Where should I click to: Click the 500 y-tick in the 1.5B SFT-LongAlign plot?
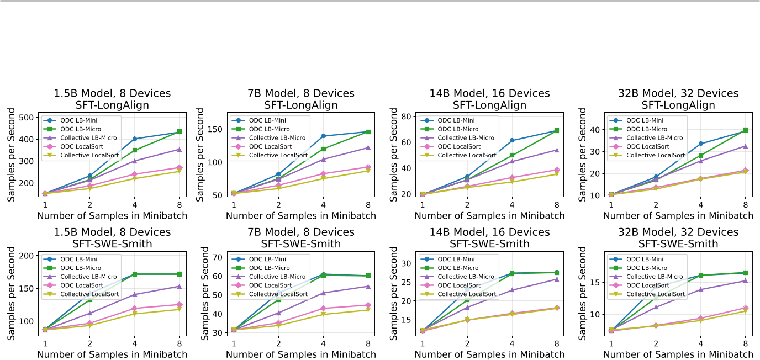tap(27, 117)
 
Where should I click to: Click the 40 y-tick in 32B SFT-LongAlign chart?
tap(596, 130)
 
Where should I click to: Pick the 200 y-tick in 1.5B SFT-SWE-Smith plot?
tap(27, 256)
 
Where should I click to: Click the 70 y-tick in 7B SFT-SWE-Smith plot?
tap(218, 257)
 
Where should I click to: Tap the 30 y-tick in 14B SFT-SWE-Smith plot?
tap(407, 263)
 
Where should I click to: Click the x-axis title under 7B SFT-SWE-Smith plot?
tap(301, 354)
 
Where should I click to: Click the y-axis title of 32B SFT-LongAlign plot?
tap(583, 155)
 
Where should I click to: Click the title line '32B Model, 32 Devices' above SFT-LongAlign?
tap(679, 93)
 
